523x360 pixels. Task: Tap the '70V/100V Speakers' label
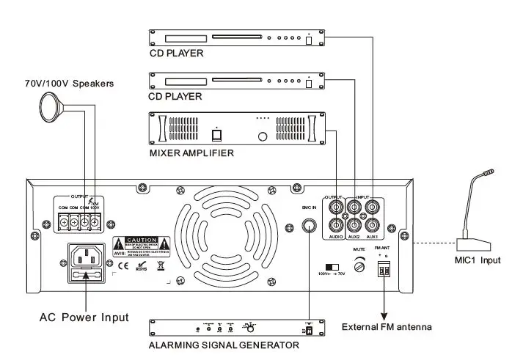pos(70,84)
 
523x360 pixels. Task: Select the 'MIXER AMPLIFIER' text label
pos(191,153)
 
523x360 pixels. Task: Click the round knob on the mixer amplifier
pos(262,136)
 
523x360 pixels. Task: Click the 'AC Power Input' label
pos(84,317)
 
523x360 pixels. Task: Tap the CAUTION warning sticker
pos(142,245)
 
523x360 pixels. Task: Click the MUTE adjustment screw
pos(359,268)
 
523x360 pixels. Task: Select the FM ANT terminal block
pos(382,271)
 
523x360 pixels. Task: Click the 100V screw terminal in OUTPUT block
pos(95,221)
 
